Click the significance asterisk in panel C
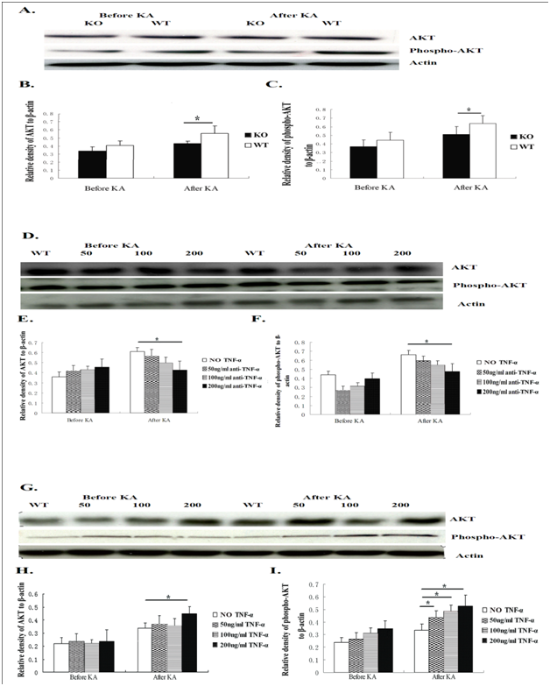(x=469, y=110)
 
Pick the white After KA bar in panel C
(x=481, y=150)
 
